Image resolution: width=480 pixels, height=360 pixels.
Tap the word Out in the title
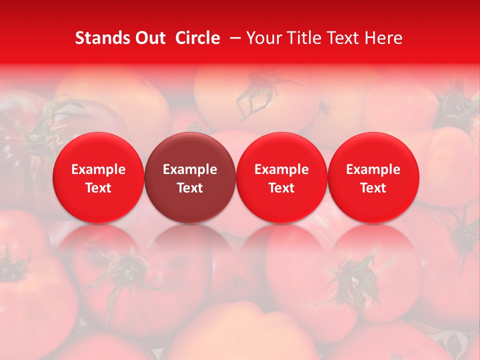tap(149, 38)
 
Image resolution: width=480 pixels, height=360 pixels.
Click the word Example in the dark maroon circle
tap(190, 169)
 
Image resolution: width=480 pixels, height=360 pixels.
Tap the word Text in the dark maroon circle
tap(190, 188)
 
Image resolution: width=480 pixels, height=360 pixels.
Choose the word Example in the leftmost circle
tap(98, 169)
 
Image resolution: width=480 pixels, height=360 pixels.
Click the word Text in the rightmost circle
tap(373, 188)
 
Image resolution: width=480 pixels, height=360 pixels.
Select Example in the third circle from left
tap(281, 169)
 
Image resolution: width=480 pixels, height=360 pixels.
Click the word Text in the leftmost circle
tap(98, 188)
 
